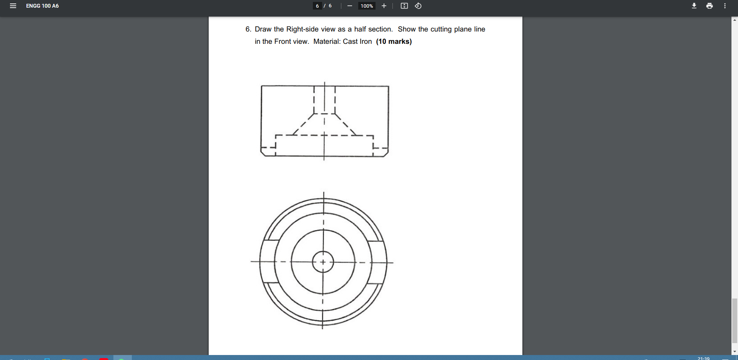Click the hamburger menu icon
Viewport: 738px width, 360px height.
tap(13, 6)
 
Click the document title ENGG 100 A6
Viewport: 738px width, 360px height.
tap(42, 6)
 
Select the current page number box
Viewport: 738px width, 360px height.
tap(317, 6)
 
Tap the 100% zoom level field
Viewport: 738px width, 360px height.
tap(367, 6)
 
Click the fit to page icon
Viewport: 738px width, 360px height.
tap(404, 6)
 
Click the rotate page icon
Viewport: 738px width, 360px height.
tap(418, 6)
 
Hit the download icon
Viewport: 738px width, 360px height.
tap(694, 6)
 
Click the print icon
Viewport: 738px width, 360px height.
tap(709, 6)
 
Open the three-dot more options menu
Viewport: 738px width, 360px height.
tap(725, 6)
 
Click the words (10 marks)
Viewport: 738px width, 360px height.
tap(394, 41)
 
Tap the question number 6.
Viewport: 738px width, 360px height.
tap(248, 29)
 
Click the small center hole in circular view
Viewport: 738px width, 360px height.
tap(323, 262)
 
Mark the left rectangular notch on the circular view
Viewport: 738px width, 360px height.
tap(268, 262)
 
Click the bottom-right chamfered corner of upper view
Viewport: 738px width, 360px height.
tap(386, 154)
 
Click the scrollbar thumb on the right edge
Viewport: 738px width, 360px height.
tap(735, 320)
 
